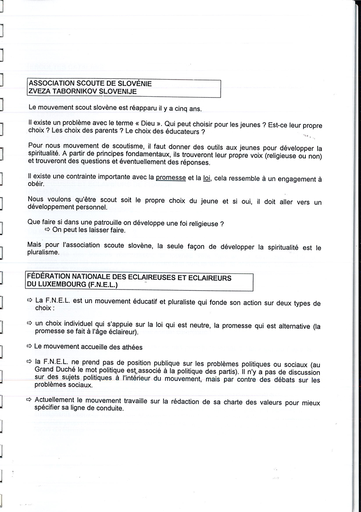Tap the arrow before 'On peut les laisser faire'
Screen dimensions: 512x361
pos(47,230)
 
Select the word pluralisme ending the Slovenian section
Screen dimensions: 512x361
pos(43,253)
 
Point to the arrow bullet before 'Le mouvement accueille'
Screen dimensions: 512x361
pos(29,346)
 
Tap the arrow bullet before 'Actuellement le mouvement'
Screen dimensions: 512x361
pos(29,400)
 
